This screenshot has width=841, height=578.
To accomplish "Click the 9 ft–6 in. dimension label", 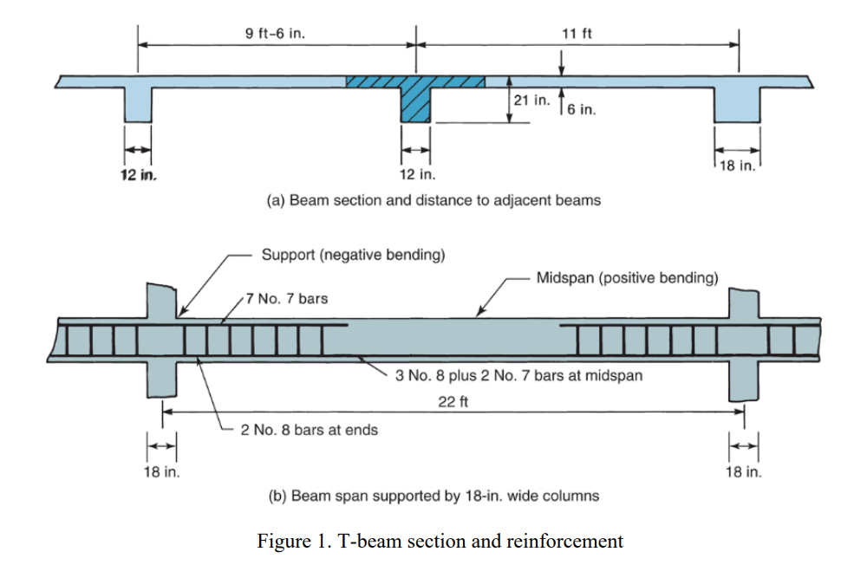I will (275, 34).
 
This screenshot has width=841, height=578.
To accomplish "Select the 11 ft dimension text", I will (577, 34).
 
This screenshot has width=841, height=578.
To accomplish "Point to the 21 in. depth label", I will (531, 101).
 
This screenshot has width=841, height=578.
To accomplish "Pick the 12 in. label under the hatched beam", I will (415, 174).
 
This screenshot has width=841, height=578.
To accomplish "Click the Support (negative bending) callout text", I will (353, 256).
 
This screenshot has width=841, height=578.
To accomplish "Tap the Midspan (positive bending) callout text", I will (627, 278).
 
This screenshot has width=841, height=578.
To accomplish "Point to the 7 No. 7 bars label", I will (287, 299).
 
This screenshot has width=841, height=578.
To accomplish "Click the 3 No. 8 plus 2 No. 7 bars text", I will (518, 376).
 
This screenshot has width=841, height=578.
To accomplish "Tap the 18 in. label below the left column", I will (161, 472).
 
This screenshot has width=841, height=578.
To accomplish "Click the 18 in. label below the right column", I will (743, 472).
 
